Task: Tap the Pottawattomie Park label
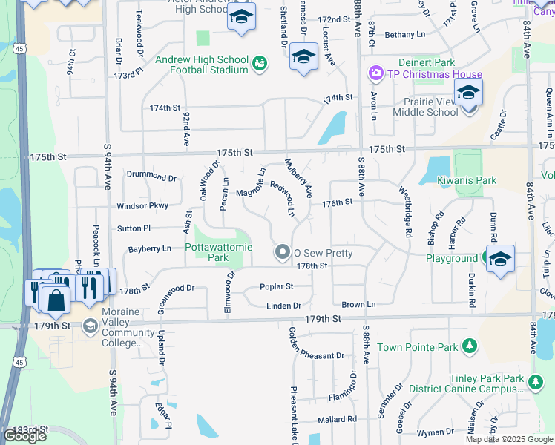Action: click(x=207, y=252)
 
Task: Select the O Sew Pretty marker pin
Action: click(x=282, y=253)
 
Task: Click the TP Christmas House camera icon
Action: click(x=375, y=73)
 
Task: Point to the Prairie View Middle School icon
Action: click(x=468, y=94)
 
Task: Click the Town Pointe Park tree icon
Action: click(x=469, y=346)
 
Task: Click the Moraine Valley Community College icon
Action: click(x=90, y=326)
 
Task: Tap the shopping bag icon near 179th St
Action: click(x=56, y=300)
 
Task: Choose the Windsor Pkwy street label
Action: click(x=142, y=205)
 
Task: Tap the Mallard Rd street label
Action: click(x=336, y=419)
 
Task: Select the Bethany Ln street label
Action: click(x=405, y=34)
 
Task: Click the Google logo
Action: click(x=25, y=437)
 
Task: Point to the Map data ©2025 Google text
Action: click(x=509, y=439)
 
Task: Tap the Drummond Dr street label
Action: click(x=151, y=178)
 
